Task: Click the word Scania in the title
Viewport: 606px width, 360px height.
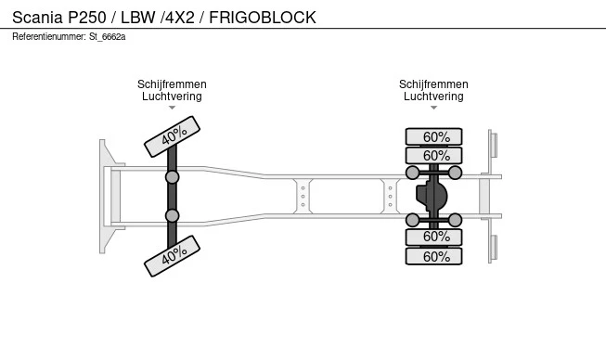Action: tap(37, 18)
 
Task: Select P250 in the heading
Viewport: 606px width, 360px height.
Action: tap(87, 18)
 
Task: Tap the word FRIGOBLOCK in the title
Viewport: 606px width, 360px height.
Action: tap(263, 18)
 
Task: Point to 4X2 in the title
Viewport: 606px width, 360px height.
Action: tap(180, 18)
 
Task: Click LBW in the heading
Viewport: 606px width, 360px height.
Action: tap(138, 18)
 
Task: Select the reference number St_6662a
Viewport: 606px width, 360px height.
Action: tap(108, 37)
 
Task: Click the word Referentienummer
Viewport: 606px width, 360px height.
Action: tap(49, 37)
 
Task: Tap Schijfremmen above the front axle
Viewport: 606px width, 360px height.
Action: tap(172, 84)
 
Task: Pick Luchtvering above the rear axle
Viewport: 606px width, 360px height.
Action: tap(433, 96)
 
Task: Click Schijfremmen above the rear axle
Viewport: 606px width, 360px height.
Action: tap(433, 84)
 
